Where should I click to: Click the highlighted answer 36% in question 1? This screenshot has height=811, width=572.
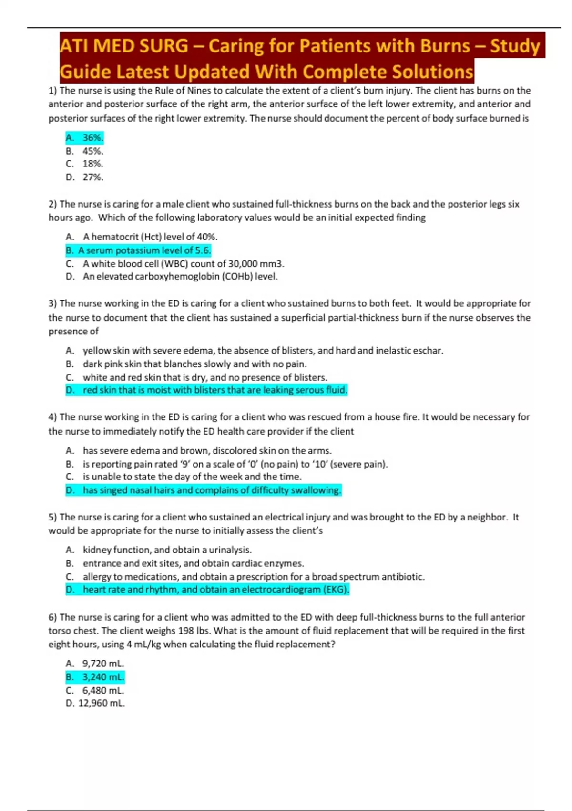tap(85, 138)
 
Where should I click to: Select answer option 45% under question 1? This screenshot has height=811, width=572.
tap(85, 151)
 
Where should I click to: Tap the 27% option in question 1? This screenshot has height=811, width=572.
tap(85, 177)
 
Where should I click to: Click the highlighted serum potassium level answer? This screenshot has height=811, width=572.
tap(138, 250)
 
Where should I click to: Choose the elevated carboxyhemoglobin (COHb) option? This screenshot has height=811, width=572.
tap(172, 277)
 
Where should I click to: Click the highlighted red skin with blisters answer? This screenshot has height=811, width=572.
tap(206, 390)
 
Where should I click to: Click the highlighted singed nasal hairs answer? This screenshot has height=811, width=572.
tap(204, 490)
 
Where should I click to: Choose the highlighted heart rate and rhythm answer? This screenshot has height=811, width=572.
tap(207, 590)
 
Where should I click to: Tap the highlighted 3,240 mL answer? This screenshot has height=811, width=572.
tap(95, 677)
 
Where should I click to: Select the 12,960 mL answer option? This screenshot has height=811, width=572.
tap(95, 703)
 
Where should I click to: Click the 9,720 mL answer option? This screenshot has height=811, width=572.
tap(95, 664)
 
